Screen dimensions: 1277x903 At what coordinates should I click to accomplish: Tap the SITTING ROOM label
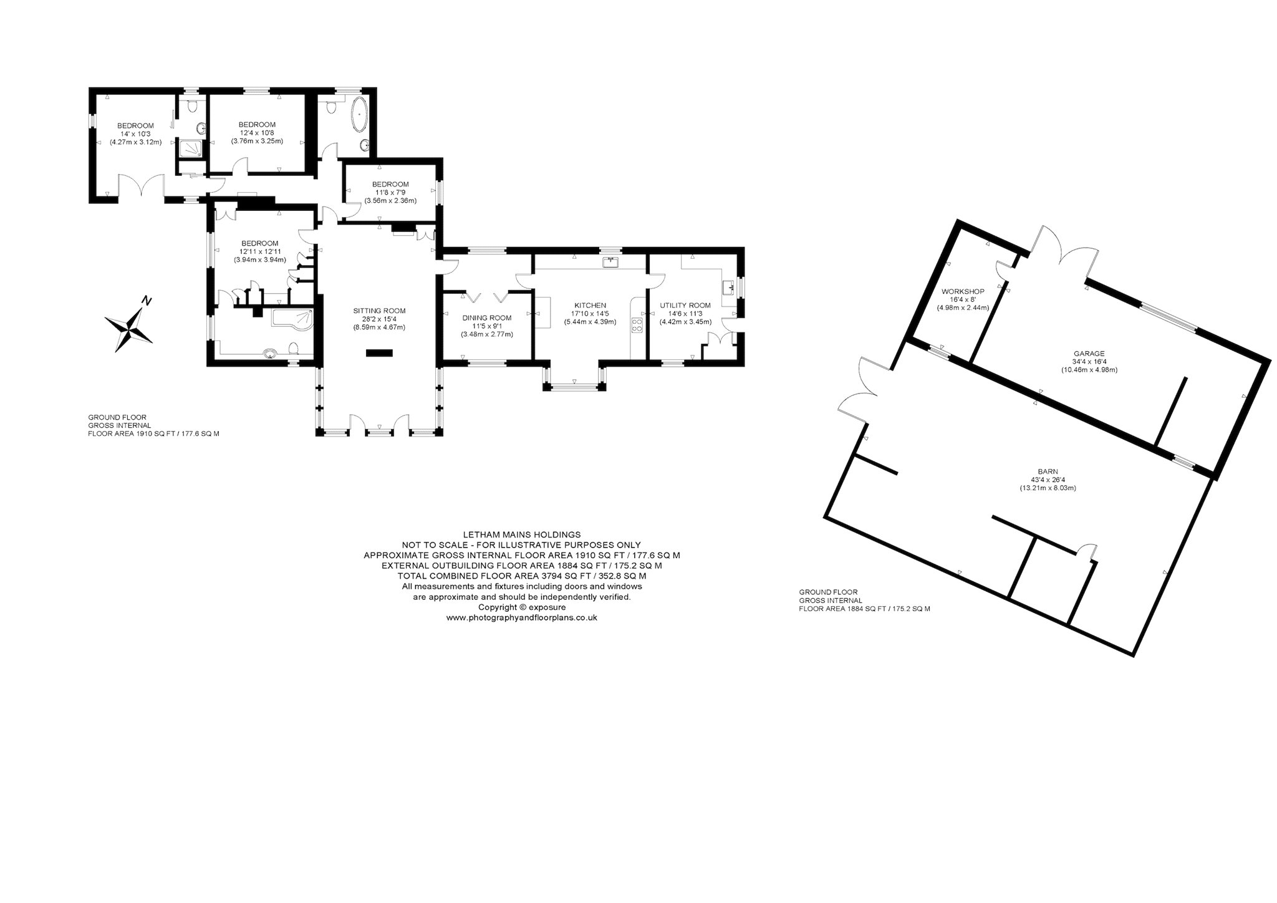click(x=379, y=311)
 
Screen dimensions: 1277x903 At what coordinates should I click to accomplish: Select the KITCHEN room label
click(x=590, y=305)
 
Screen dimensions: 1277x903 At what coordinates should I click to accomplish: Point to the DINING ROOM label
click(x=487, y=317)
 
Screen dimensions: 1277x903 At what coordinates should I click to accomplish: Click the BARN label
click(x=1048, y=471)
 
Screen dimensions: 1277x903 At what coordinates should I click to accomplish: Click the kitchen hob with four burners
click(x=638, y=324)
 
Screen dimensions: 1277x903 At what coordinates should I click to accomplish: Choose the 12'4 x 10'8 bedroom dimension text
click(x=257, y=132)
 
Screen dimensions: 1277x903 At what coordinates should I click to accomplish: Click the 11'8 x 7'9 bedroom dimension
click(x=390, y=192)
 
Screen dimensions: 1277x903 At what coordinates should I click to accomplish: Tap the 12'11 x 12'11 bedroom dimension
click(x=259, y=251)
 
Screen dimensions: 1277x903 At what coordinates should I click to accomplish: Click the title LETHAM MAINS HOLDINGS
click(x=522, y=534)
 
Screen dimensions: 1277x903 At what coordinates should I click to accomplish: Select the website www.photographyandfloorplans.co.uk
click(x=522, y=617)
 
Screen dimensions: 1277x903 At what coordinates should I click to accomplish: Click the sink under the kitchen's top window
click(x=610, y=262)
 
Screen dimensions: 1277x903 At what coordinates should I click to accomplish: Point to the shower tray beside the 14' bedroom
click(x=188, y=147)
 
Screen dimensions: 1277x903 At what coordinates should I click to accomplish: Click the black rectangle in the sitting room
click(x=379, y=353)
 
